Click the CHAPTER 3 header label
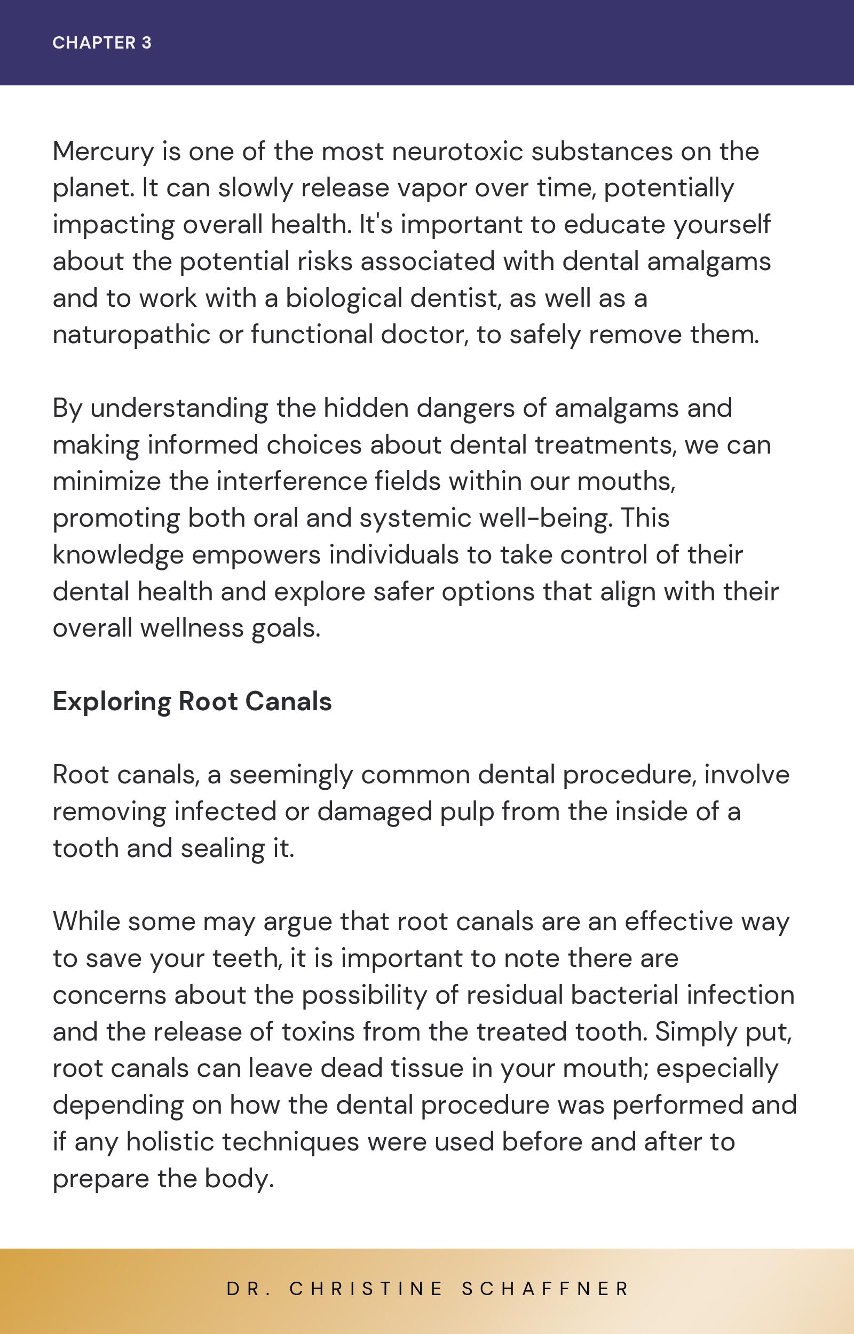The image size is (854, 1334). [x=102, y=43]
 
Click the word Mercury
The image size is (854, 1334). [x=103, y=152]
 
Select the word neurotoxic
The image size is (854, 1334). [x=457, y=152]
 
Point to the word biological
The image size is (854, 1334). [x=344, y=298]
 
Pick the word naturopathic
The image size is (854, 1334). [x=131, y=335]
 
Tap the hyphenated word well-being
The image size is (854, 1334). [x=545, y=518]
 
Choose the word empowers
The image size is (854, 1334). [x=256, y=555]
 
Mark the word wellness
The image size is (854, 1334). [x=192, y=628]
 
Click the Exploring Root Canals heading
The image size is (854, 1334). [x=192, y=701]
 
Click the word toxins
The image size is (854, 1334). [x=318, y=1031]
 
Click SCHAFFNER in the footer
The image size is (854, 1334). [x=545, y=1289]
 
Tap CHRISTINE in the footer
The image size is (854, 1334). [x=366, y=1289]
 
